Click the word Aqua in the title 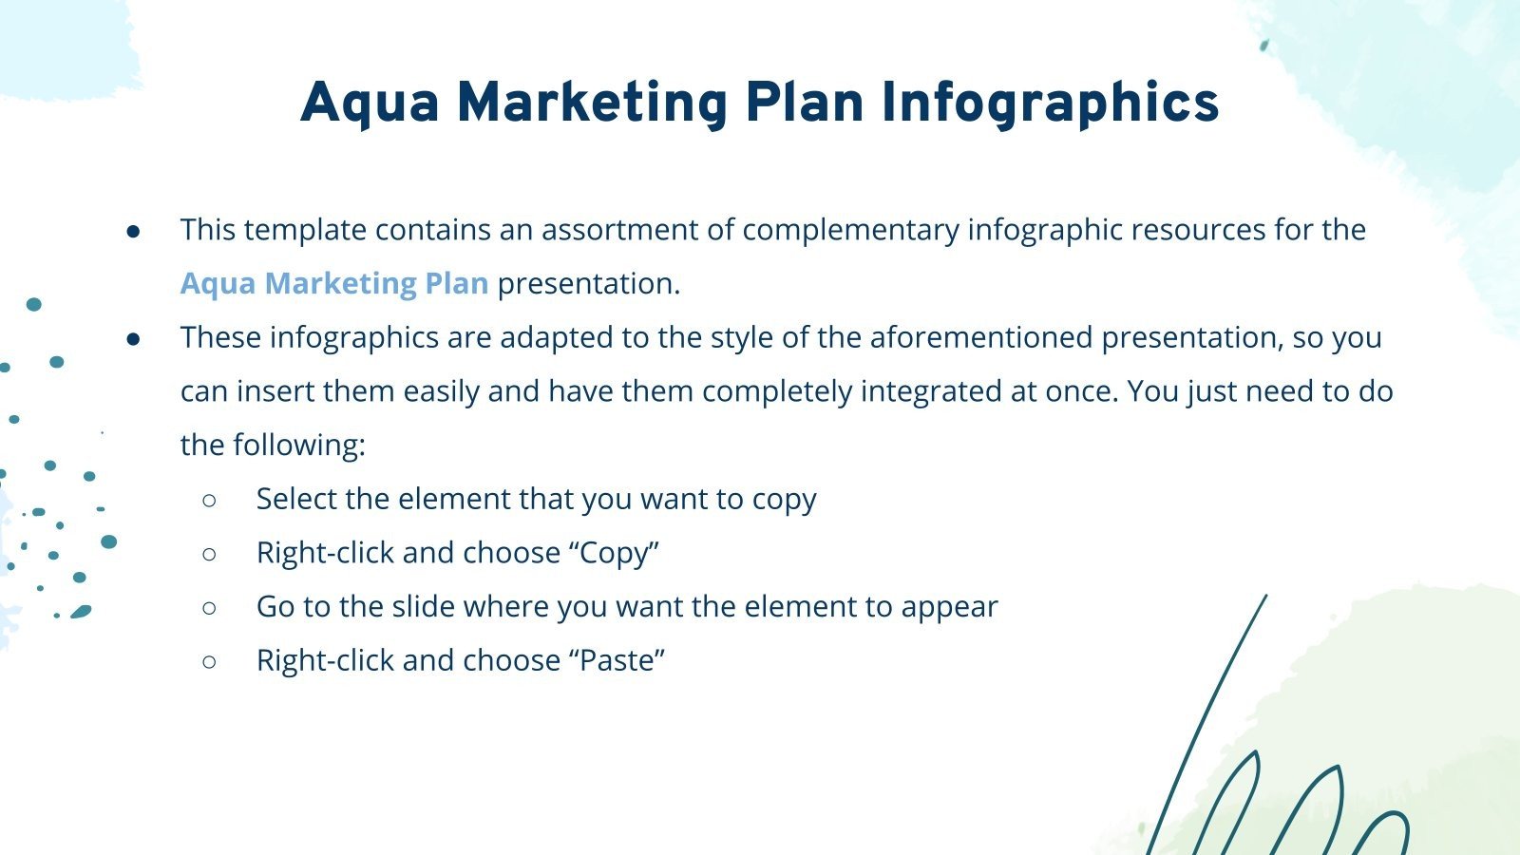pyautogui.click(x=370, y=104)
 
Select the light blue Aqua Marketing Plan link pyautogui.click(x=334, y=283)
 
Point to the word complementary pyautogui.click(x=850, y=230)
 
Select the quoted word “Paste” pyautogui.click(x=617, y=660)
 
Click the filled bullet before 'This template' pyautogui.click(x=134, y=231)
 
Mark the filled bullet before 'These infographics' pyautogui.click(x=134, y=338)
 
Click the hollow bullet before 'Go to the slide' pyautogui.click(x=210, y=607)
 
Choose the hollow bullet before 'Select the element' pyautogui.click(x=210, y=500)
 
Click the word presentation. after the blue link pyautogui.click(x=589, y=283)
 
